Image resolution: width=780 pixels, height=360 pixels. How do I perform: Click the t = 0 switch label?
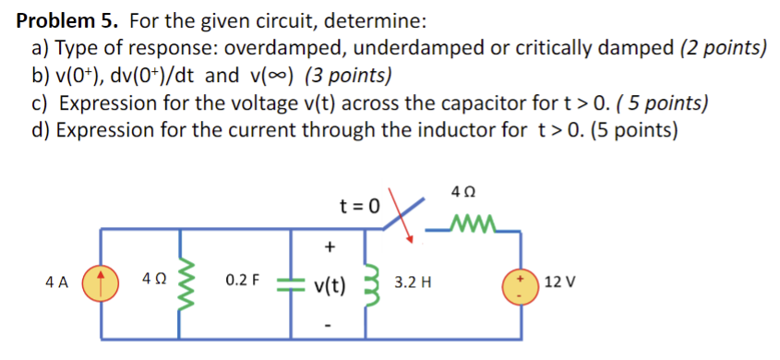pyautogui.click(x=357, y=205)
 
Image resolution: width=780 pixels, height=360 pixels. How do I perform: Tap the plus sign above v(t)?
pyautogui.click(x=330, y=246)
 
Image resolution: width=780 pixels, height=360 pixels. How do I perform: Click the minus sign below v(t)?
pyautogui.click(x=330, y=324)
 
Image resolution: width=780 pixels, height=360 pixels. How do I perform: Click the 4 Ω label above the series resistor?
pyautogui.click(x=465, y=193)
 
